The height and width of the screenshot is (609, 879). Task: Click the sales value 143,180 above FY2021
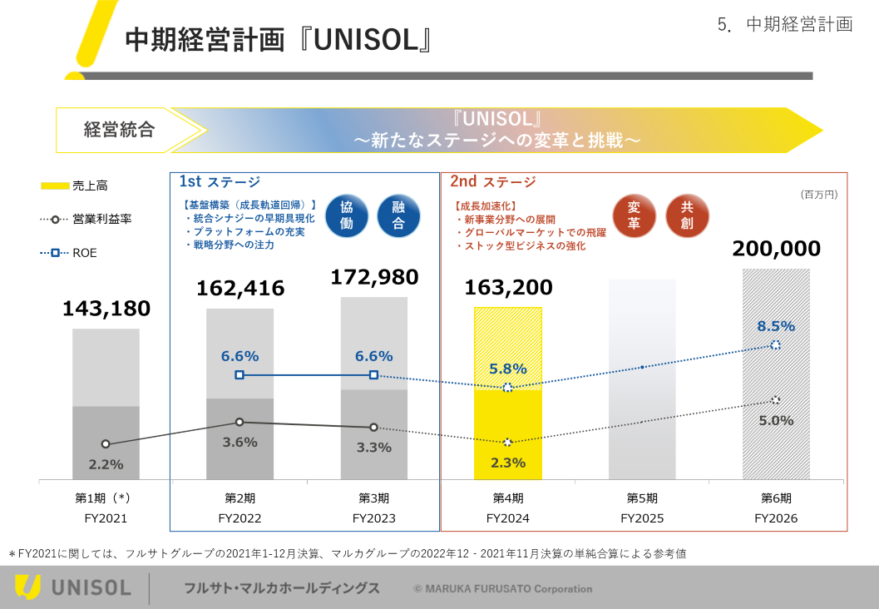tap(106, 309)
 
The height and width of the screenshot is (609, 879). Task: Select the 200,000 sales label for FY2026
tap(776, 249)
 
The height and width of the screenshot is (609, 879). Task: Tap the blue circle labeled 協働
tap(347, 215)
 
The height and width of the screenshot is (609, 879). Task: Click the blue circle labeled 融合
tap(398, 215)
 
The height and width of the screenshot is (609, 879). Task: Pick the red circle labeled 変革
tap(634, 215)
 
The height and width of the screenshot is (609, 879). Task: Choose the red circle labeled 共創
tap(687, 215)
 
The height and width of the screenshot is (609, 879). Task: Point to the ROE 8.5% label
tap(776, 326)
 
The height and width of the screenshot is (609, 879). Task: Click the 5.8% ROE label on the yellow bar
tap(507, 369)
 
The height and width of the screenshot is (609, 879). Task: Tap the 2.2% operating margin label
tap(106, 464)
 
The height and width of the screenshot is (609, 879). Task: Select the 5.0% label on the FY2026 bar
tap(776, 421)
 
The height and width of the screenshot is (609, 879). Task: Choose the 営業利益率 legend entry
tap(86, 220)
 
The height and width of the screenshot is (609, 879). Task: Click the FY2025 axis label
tap(642, 518)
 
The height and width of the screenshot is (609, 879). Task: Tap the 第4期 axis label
tap(508, 498)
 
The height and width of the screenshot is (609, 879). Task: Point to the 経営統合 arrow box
tap(120, 130)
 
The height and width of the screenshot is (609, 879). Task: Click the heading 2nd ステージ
tap(493, 181)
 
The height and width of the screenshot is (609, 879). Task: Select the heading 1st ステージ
tap(220, 181)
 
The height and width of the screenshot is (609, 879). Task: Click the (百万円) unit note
tap(819, 194)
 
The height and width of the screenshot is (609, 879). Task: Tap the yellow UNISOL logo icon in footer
tap(27, 587)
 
